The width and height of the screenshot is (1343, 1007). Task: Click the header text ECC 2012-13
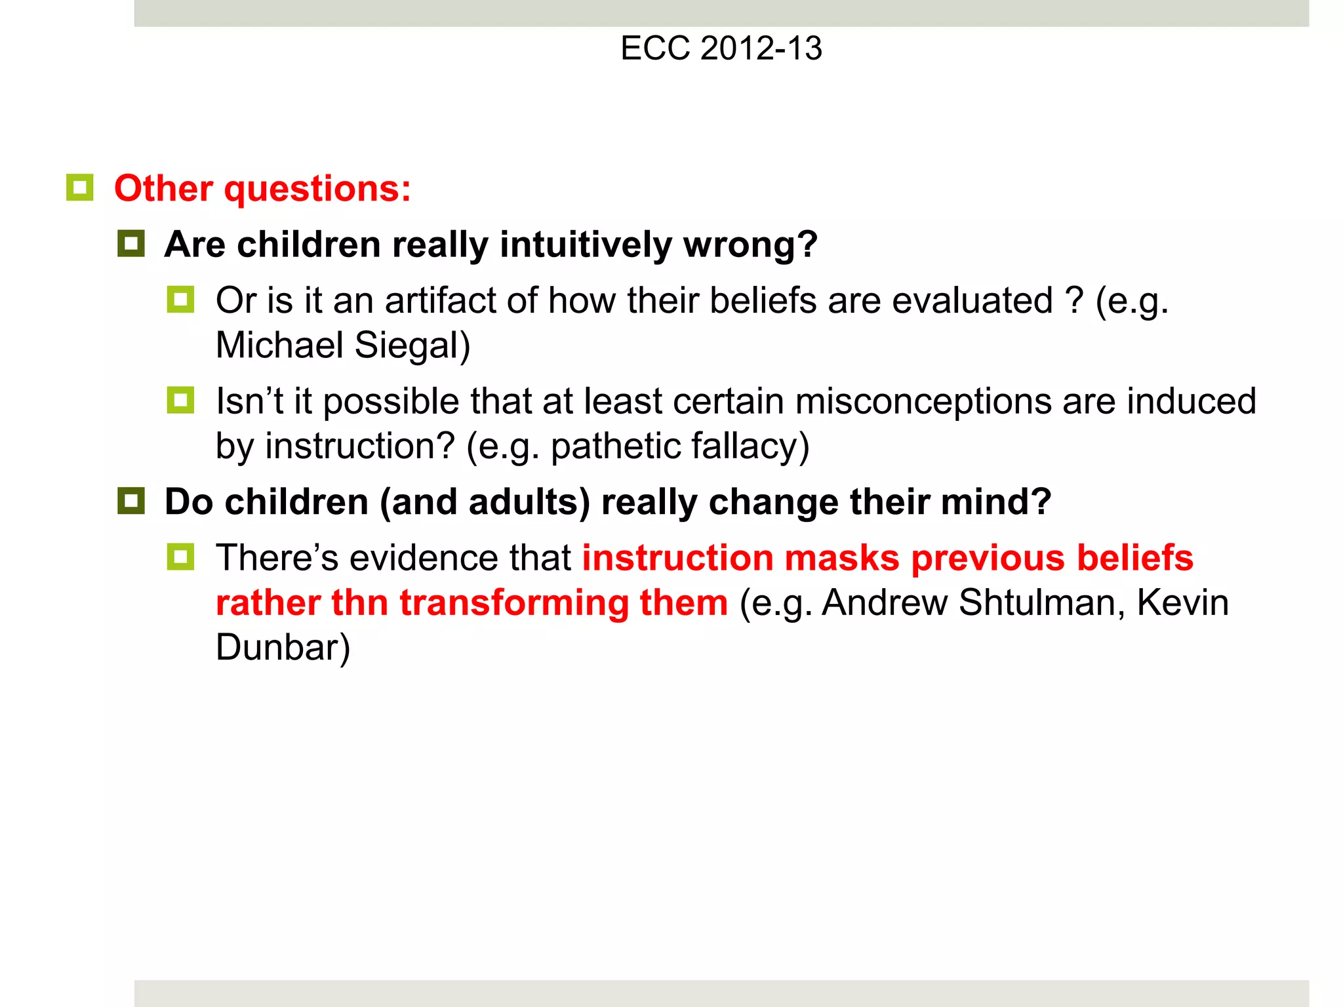[x=721, y=49]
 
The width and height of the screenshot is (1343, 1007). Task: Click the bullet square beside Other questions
[x=80, y=188]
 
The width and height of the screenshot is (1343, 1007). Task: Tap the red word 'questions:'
[x=317, y=189]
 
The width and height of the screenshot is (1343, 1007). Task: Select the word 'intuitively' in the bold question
[x=586, y=245]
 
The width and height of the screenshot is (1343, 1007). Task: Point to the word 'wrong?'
[x=750, y=245]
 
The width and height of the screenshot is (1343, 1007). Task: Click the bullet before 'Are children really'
[x=131, y=244]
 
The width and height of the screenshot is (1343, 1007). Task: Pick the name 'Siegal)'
[x=412, y=346]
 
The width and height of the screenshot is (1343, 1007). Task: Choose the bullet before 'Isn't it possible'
[x=180, y=401]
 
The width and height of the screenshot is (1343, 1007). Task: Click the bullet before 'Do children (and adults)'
[x=131, y=502]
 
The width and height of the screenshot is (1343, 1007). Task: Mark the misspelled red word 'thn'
[x=360, y=603]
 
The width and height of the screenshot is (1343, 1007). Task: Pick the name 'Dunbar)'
[x=283, y=648]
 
